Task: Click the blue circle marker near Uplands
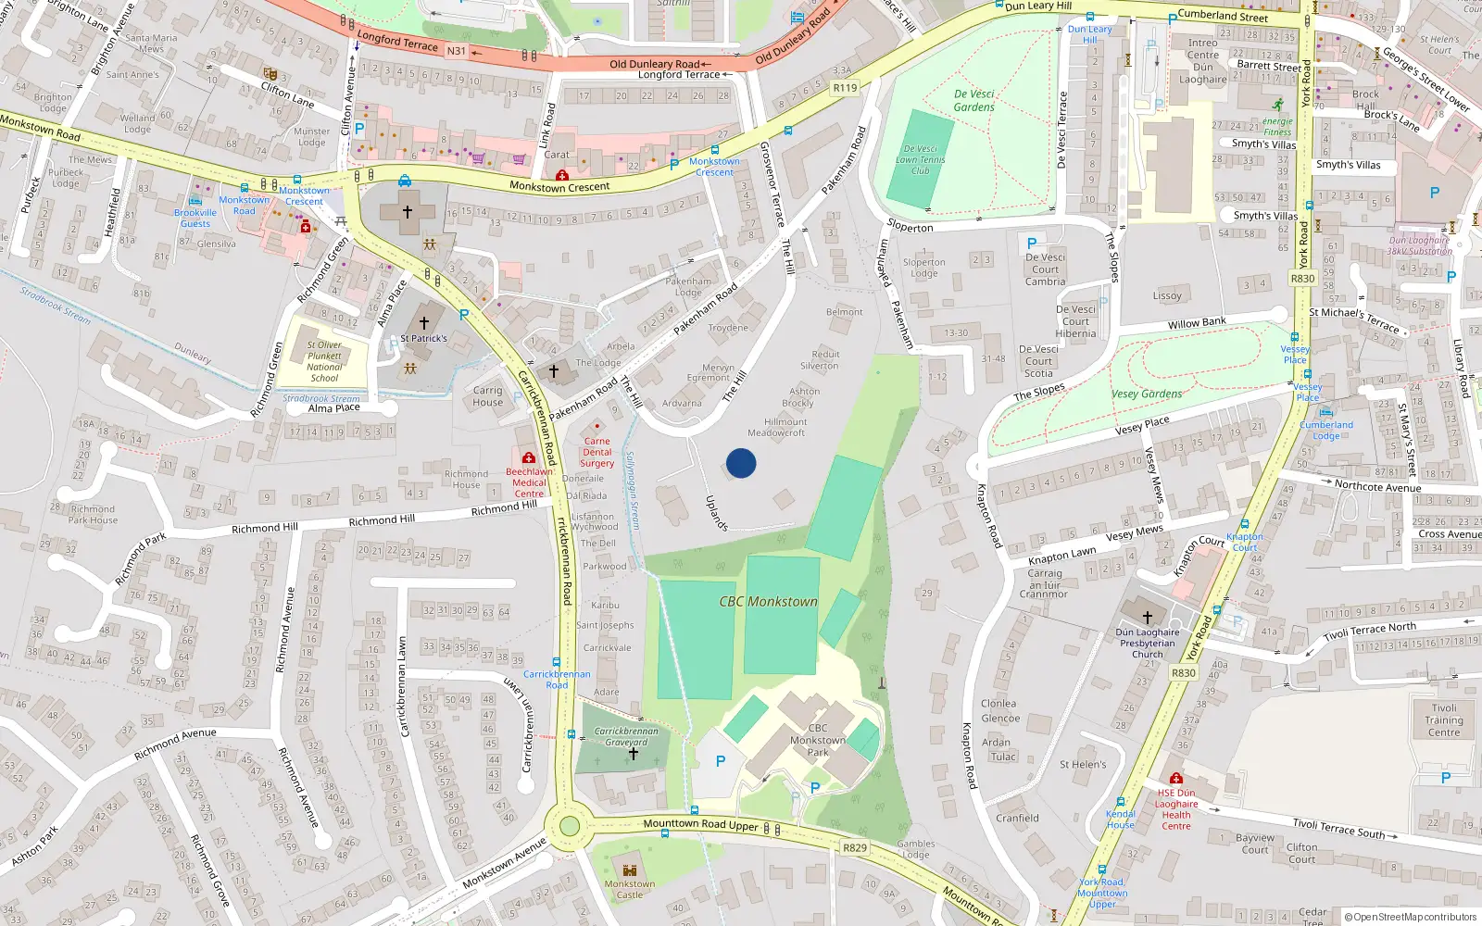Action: [741, 463]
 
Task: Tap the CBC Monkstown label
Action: [768, 602]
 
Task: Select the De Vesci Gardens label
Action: [974, 100]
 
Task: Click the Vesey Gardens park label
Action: [1147, 394]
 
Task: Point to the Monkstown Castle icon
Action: [630, 870]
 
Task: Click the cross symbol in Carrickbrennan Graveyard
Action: [634, 754]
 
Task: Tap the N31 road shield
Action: [457, 51]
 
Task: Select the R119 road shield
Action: [845, 88]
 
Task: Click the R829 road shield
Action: [854, 847]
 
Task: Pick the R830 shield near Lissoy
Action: [1302, 278]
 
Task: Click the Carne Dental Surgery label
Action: [597, 452]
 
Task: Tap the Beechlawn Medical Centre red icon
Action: [528, 457]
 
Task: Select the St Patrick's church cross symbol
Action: [424, 322]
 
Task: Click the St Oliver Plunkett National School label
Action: [324, 361]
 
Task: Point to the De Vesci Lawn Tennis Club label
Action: [920, 159]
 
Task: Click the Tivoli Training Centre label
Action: [1443, 720]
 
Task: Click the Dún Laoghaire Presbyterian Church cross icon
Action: [1147, 617]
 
